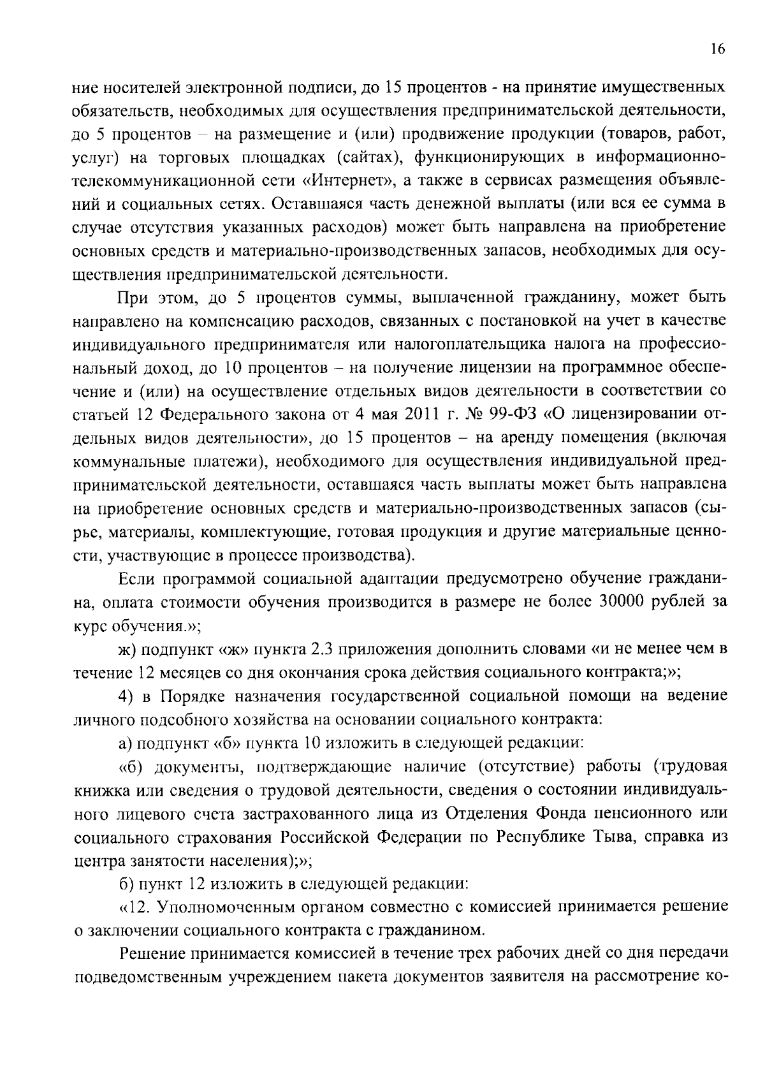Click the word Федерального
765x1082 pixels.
(215, 415)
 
